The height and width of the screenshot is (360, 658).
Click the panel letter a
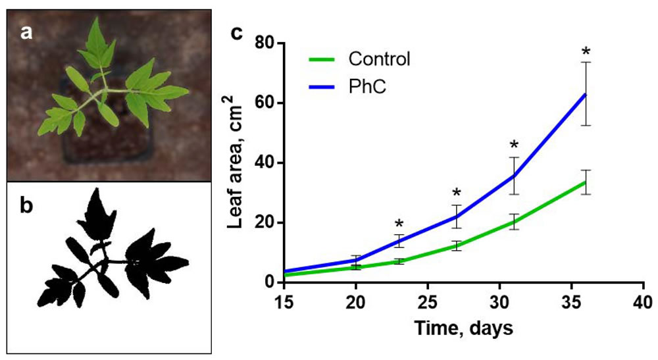(26, 32)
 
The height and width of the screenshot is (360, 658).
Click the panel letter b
(26, 207)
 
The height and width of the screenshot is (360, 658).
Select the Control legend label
(380, 59)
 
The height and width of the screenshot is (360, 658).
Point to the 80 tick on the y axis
(266, 43)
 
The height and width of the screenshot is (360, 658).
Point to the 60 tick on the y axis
(266, 103)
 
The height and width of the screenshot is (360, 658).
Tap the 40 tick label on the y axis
(266, 163)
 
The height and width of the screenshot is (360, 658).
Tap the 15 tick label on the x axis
(284, 302)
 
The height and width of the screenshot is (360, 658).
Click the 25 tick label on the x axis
(428, 302)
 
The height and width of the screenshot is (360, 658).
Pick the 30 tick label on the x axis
(500, 302)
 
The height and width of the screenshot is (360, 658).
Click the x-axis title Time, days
(464, 328)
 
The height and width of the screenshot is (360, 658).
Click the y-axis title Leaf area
(236, 162)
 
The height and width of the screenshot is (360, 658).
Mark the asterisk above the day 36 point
(586, 51)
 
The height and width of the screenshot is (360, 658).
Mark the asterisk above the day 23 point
(399, 224)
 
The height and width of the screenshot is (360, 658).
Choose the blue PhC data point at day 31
(514, 176)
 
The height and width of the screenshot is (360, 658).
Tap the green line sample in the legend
(324, 59)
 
